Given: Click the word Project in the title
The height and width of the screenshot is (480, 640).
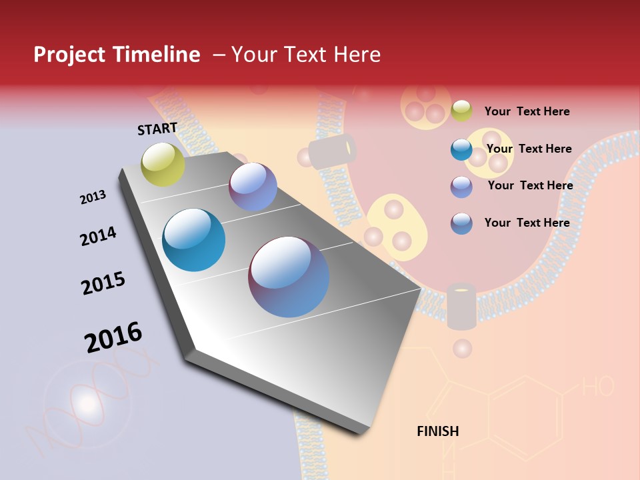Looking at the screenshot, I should [69, 55].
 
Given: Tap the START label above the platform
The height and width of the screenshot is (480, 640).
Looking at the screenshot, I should [157, 129].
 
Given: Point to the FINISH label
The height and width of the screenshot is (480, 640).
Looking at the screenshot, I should [438, 431].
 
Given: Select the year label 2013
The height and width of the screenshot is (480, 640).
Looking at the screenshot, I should [93, 197].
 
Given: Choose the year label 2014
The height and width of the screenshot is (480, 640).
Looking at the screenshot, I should [98, 236].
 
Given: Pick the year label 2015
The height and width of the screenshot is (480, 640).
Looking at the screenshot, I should [103, 283].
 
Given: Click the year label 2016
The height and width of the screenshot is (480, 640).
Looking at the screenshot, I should [113, 337].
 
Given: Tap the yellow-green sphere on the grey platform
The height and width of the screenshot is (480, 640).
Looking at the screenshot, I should [163, 164].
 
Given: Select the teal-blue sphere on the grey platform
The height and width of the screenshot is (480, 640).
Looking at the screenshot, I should [194, 240].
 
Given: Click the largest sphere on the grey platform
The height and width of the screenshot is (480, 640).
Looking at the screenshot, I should [289, 277].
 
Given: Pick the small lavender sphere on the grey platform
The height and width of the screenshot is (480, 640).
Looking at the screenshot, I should [253, 187].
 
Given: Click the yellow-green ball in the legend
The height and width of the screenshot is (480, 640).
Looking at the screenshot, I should [461, 111].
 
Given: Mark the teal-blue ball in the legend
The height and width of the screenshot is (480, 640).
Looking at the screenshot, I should [461, 149].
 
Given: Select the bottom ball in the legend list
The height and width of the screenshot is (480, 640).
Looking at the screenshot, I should [461, 223].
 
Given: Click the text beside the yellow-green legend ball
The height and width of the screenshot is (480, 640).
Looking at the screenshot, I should [527, 111].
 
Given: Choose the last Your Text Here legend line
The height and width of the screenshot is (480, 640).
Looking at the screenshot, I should [527, 223].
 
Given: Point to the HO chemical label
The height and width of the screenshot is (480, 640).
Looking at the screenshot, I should [598, 385].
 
